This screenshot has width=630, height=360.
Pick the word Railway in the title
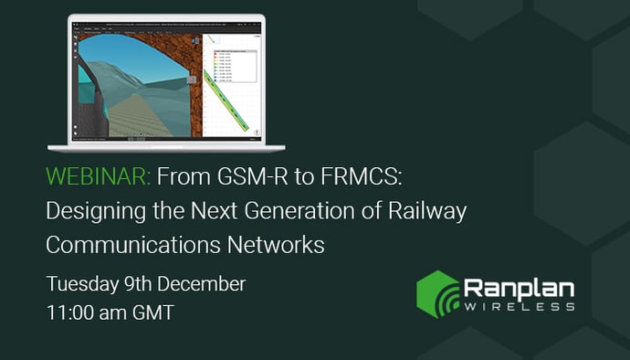pos(430,211)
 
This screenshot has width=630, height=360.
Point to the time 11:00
pos(71,312)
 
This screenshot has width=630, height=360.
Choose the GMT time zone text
pos(152,312)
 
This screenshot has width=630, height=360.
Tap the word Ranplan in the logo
pos(519,288)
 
